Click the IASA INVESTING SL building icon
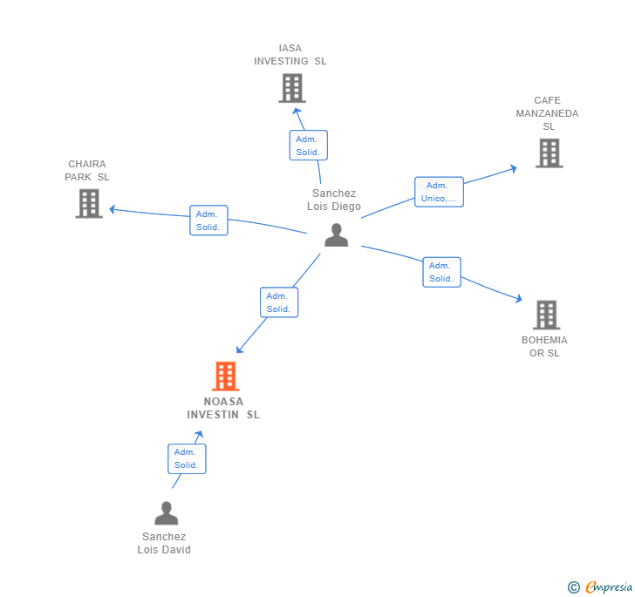tap(291, 88)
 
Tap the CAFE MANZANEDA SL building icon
tap(549, 153)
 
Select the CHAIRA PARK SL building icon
tap(89, 203)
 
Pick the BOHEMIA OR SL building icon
tap(546, 315)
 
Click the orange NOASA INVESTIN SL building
tap(225, 376)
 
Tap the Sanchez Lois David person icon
tap(166, 513)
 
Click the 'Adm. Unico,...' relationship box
tap(439, 192)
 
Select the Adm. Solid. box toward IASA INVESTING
tap(308, 146)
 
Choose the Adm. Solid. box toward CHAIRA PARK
tap(208, 220)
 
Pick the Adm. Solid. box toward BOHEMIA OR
tap(441, 272)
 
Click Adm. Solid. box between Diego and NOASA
tap(279, 302)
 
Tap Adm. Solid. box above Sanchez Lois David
tap(187, 458)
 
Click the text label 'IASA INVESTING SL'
tap(290, 55)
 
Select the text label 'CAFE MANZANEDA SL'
tap(547, 113)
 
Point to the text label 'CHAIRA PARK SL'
tap(87, 171)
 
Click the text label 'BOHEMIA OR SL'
tap(544, 346)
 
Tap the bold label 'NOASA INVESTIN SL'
tap(223, 408)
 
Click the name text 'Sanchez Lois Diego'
tap(334, 200)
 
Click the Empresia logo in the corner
tap(600, 587)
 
